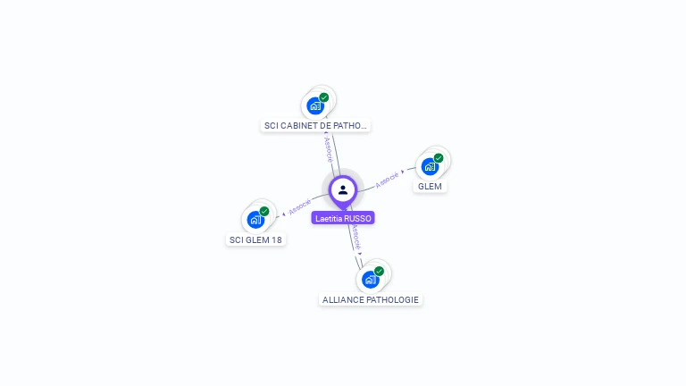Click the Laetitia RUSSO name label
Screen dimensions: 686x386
pos(343,218)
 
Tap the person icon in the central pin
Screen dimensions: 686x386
pos(343,190)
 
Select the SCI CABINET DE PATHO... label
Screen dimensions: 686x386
pos(315,126)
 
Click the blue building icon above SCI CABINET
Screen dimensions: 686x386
pos(315,106)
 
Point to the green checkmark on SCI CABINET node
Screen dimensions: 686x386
pos(323,97)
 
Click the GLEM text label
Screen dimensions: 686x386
pos(430,187)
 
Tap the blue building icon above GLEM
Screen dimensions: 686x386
pos(430,167)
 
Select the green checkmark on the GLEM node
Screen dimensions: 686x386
pos(439,158)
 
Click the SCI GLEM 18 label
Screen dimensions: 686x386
pos(255,239)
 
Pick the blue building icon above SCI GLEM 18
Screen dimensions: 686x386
pos(255,220)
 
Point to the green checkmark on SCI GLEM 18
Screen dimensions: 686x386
pos(264,212)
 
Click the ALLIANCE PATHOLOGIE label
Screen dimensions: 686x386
pos(371,300)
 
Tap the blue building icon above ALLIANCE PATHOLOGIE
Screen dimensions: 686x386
pos(370,280)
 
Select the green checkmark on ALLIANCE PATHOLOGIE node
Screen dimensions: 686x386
pos(379,272)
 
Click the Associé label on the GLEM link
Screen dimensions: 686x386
pos(387,180)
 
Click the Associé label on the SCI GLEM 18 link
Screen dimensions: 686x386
pos(300,206)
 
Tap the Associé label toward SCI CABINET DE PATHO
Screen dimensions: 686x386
pos(328,149)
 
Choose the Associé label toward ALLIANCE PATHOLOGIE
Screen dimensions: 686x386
pos(356,238)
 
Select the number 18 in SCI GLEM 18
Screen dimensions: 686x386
pos(277,239)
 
